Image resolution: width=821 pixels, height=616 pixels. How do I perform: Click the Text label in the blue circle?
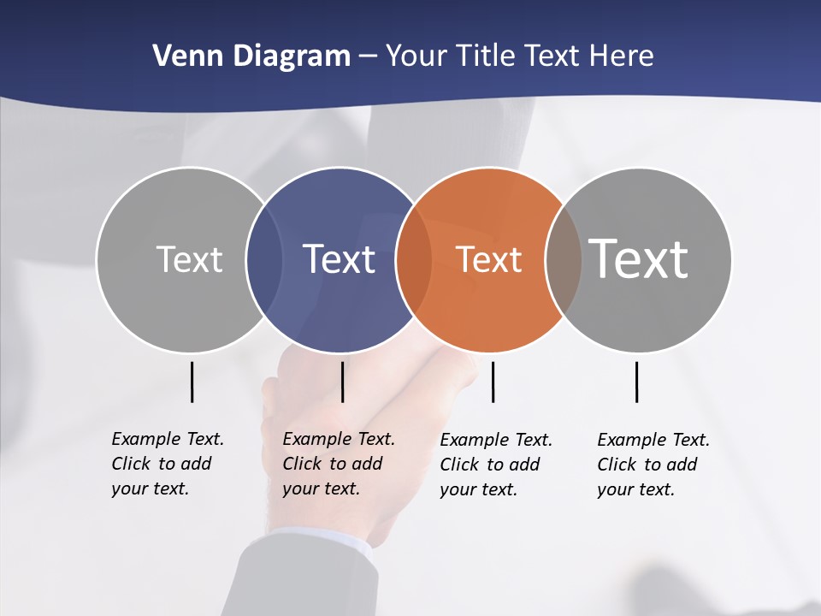click(x=340, y=259)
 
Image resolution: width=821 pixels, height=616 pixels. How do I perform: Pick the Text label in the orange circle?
click(x=488, y=259)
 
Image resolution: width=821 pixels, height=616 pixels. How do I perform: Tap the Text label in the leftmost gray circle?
click(x=189, y=259)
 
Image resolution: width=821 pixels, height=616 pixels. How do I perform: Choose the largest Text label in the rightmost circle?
click(x=639, y=258)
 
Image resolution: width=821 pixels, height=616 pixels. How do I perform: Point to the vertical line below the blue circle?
click(x=342, y=382)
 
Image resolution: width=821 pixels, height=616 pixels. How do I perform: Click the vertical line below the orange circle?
click(x=493, y=382)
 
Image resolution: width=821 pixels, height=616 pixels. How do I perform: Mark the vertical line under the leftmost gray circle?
click(x=192, y=382)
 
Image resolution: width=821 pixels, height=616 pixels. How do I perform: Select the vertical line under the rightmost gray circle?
click(x=636, y=382)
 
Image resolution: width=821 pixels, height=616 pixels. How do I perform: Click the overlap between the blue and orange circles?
click(x=414, y=259)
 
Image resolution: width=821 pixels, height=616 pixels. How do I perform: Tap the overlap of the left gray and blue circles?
click(x=264, y=259)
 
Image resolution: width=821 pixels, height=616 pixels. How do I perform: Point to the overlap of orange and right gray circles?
click(x=564, y=259)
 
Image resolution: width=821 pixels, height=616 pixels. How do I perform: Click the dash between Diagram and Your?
click(x=368, y=56)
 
